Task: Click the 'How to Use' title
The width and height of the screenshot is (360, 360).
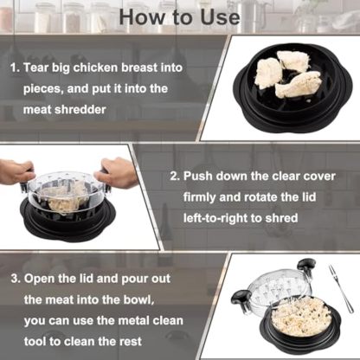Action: coord(179,16)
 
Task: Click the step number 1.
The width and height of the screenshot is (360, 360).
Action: coord(13,67)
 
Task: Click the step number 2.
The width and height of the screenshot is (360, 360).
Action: coord(174,176)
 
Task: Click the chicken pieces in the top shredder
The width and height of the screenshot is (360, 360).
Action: coord(282,73)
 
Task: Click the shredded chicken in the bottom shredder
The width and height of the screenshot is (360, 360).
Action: coord(299,316)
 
